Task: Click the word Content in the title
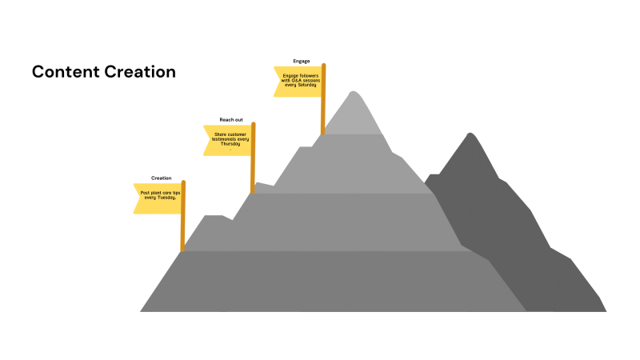tap(66, 72)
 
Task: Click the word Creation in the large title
tap(140, 72)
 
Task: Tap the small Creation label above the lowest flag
tap(162, 178)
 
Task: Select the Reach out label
tap(231, 119)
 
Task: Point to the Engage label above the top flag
tap(302, 61)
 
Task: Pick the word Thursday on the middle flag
tap(230, 143)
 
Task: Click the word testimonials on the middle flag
tap(224, 138)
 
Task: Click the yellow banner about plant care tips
tap(158, 197)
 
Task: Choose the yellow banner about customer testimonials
tap(227, 139)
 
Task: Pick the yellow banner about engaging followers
tap(298, 81)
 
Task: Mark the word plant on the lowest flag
tap(155, 193)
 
